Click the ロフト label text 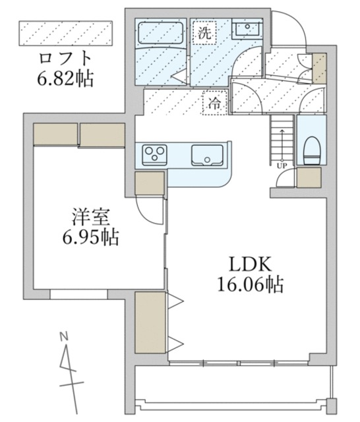point(63,57)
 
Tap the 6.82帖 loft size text point(64,78)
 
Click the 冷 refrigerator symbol point(214,103)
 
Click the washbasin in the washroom point(248,29)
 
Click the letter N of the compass point(64,338)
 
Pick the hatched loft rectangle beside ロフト point(66,32)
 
